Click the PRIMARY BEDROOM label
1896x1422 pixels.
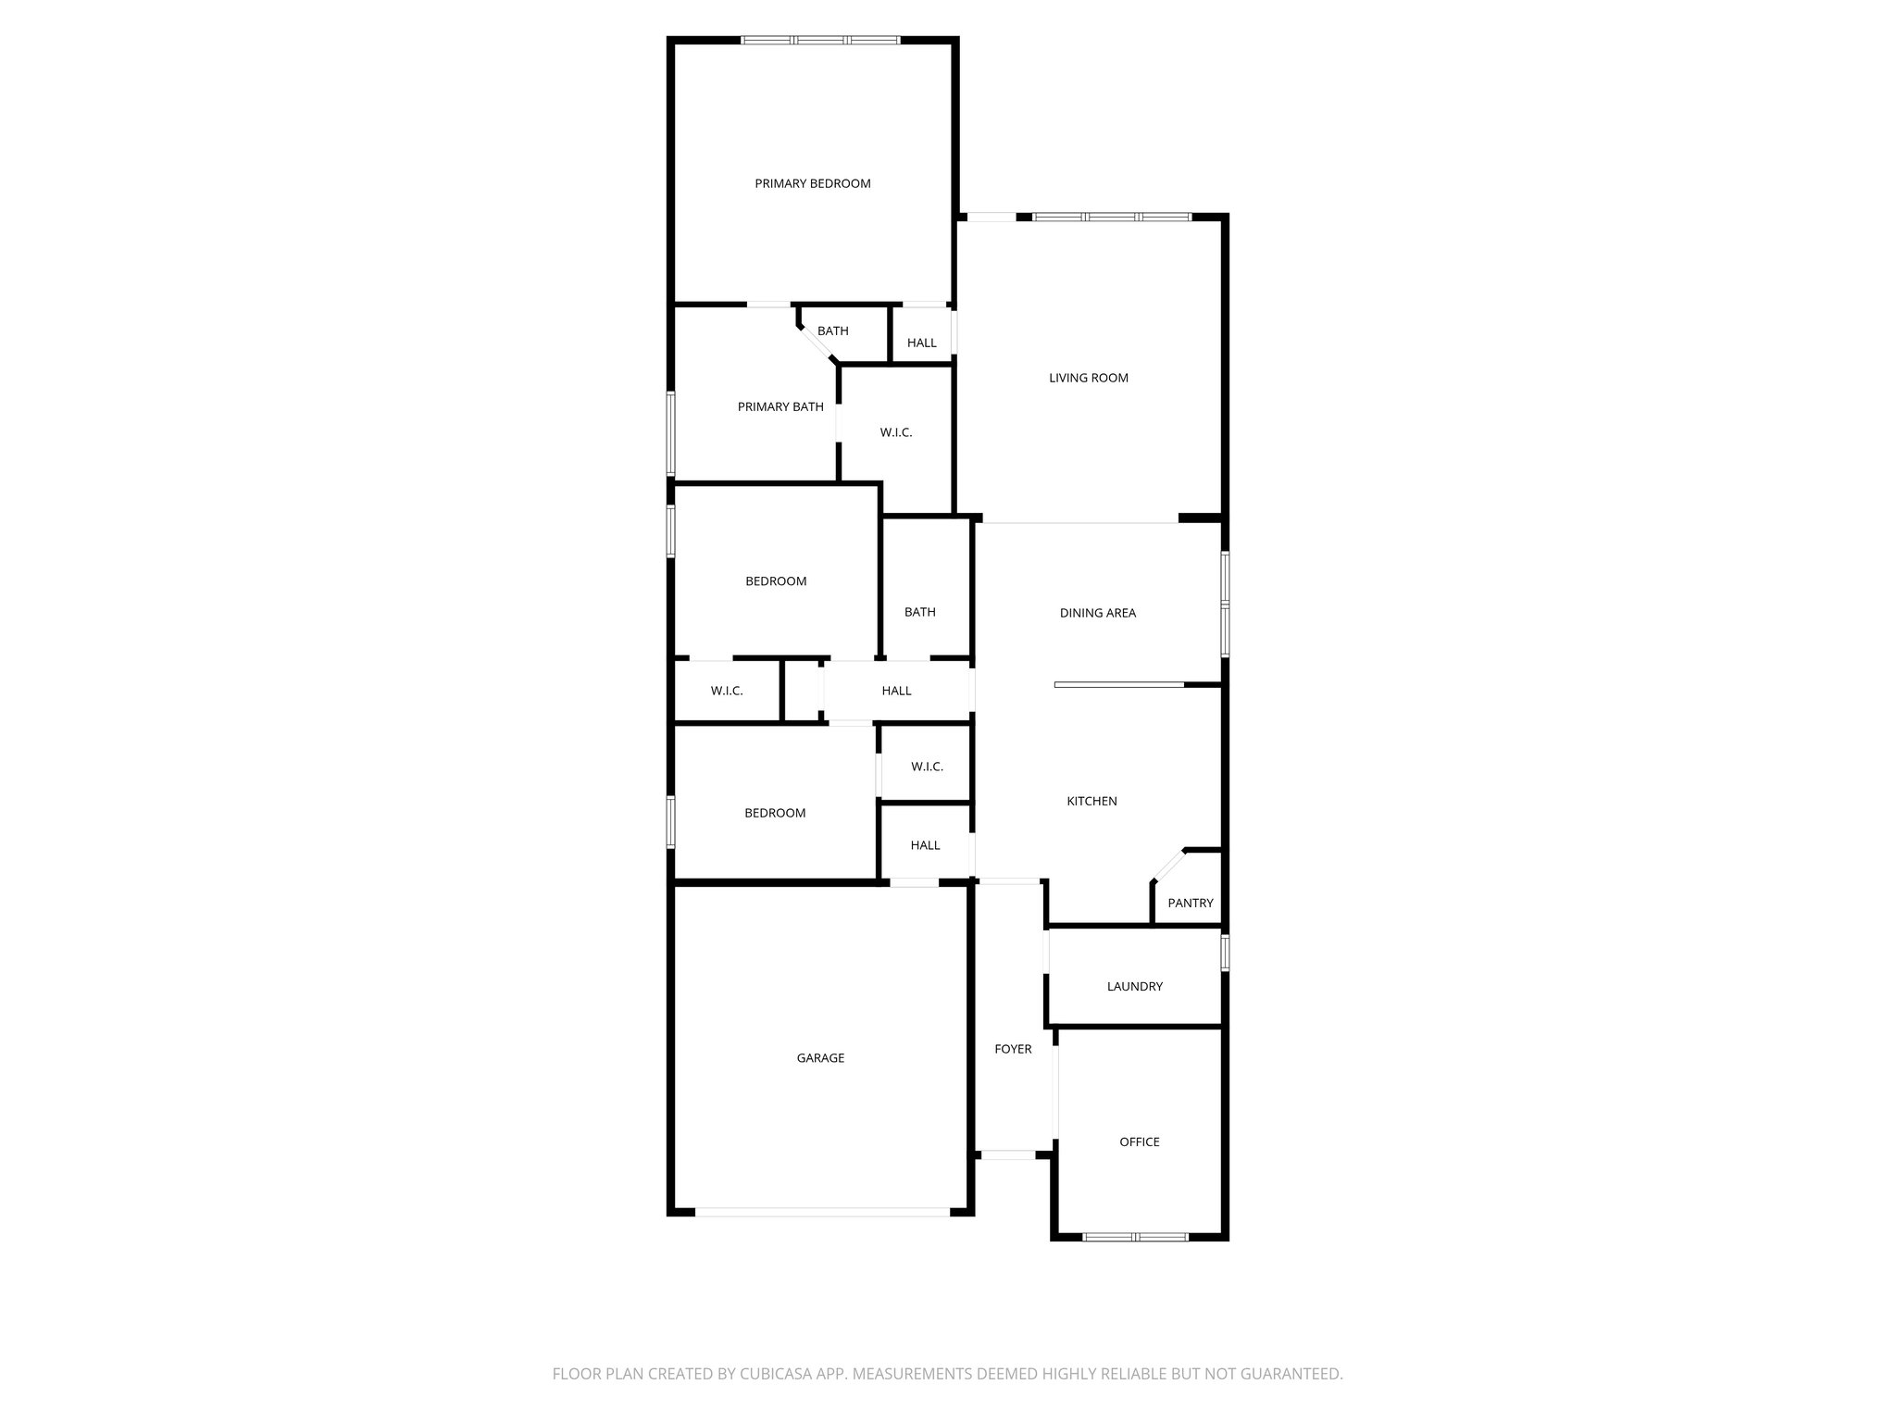point(813,183)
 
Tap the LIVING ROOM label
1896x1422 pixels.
point(1089,378)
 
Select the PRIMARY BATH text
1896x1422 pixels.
point(780,406)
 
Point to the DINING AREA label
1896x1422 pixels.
point(1098,613)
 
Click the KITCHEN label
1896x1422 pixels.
point(1092,801)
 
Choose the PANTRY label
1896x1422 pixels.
point(1191,903)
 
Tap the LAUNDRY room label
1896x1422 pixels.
point(1135,986)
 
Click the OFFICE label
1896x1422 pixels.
point(1140,1141)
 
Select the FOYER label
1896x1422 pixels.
point(1013,1049)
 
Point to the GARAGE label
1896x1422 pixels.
point(820,1057)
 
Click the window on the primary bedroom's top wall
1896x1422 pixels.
point(820,40)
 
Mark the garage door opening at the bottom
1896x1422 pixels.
point(822,1211)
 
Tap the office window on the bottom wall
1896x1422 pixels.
point(1136,1236)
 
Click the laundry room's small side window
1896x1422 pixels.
point(1225,953)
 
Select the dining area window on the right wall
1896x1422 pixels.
point(1225,605)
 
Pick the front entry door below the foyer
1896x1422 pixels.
point(1008,1154)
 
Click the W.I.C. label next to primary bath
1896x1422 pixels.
point(896,432)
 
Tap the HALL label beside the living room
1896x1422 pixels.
point(922,343)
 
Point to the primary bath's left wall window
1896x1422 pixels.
point(671,433)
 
